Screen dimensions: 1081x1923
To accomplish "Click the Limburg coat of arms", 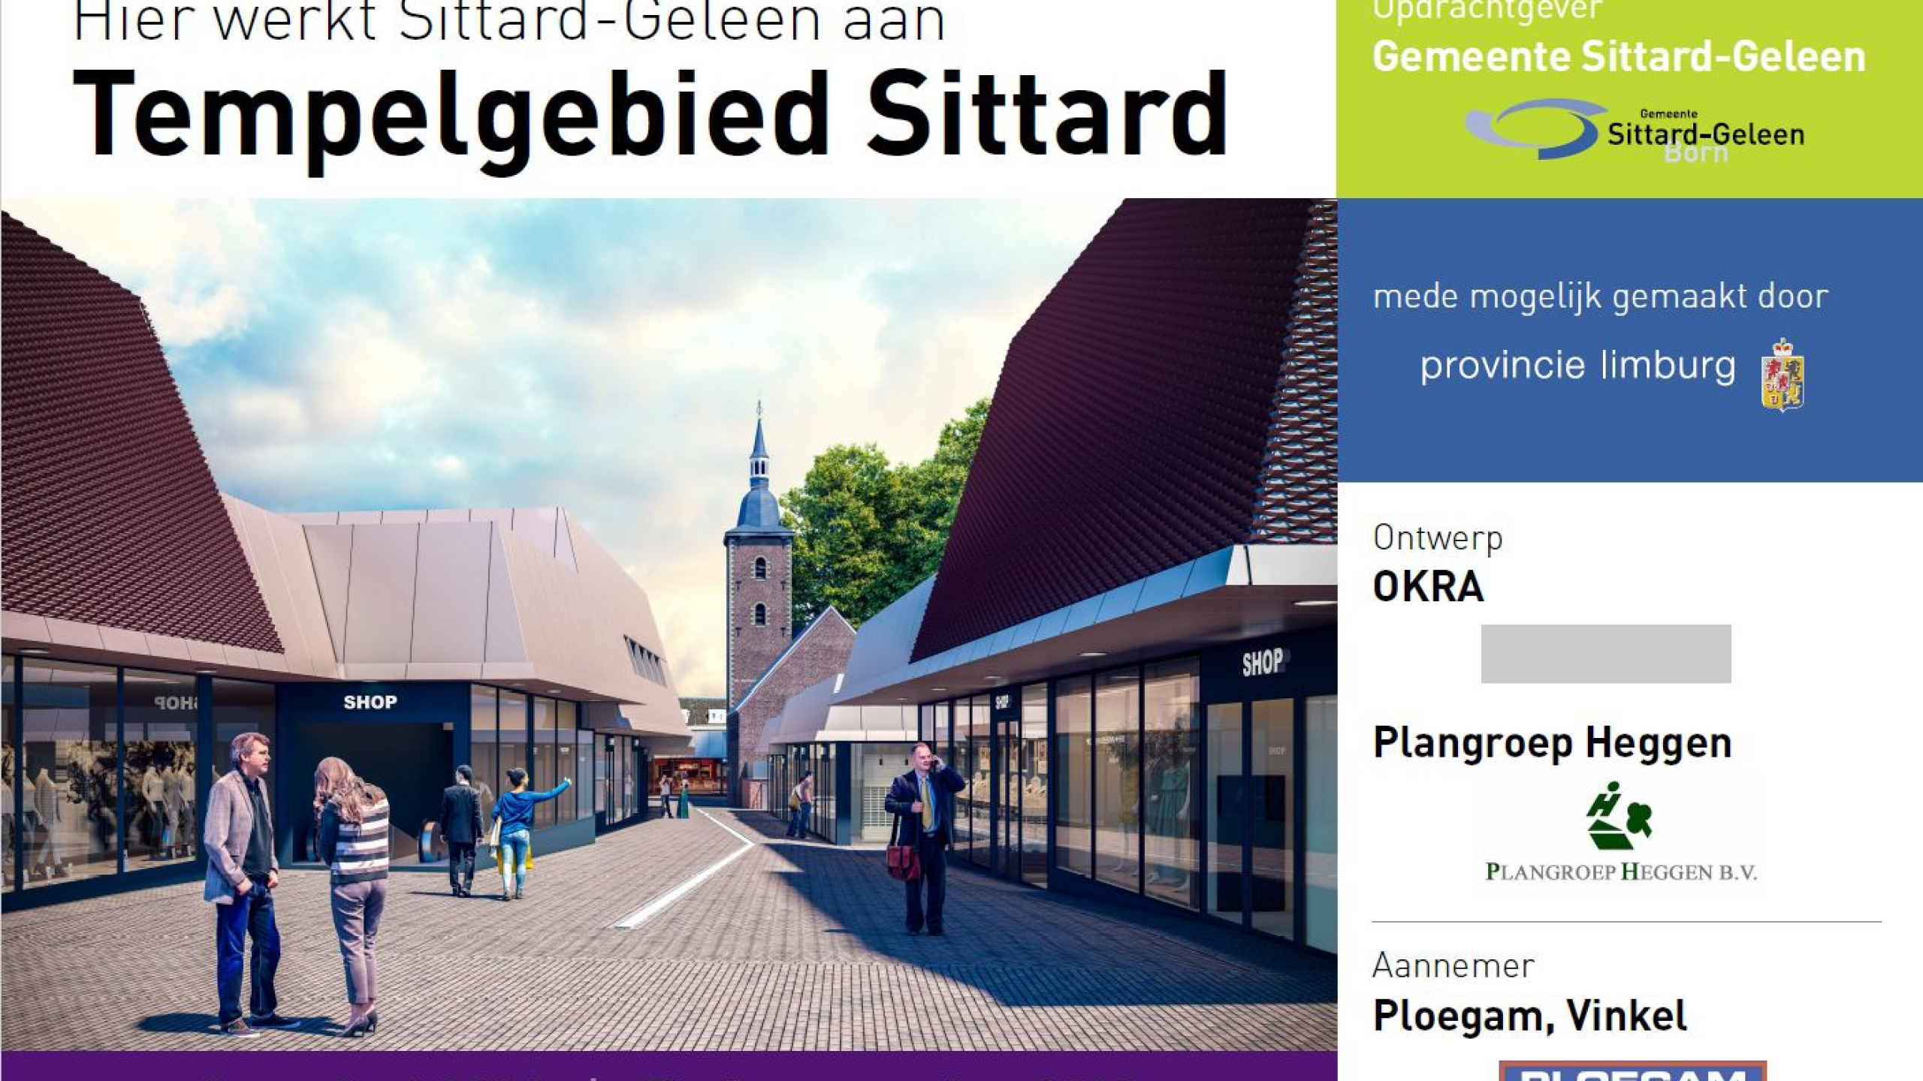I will (x=1783, y=375).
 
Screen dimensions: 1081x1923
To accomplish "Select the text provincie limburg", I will (x=1577, y=366).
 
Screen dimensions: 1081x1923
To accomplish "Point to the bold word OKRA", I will (x=1428, y=587).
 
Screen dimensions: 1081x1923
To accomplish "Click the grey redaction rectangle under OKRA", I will (x=1606, y=654).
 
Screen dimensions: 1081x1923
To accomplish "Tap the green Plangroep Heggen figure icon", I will (x=1619, y=820).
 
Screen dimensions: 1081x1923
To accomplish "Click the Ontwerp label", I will (x=1438, y=538).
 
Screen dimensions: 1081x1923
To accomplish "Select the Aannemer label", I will (x=1453, y=966).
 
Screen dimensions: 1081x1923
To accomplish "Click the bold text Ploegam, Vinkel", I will (x=1529, y=1016).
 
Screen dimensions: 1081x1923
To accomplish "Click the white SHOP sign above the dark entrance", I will (x=370, y=703).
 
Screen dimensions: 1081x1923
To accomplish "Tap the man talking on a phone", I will (x=923, y=833).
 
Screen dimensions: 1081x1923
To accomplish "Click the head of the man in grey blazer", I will (x=249, y=753).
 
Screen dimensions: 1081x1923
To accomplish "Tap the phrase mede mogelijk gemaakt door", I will (x=1600, y=297).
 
